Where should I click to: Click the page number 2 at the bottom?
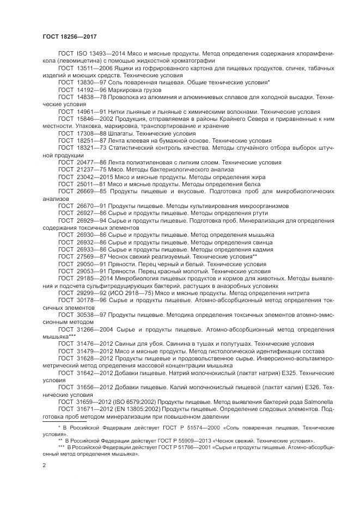tap(44, 466)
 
